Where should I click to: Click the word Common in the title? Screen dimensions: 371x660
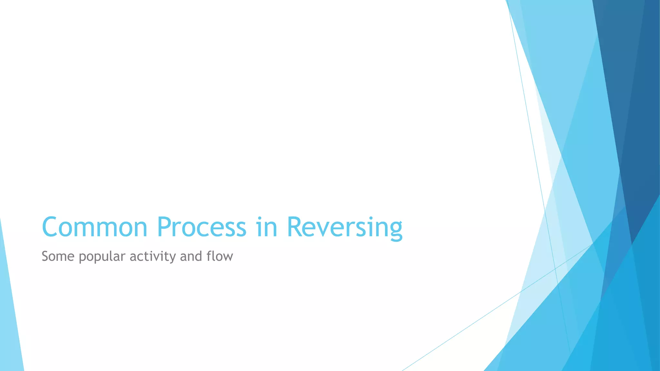coord(94,227)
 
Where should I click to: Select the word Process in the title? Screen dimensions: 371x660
coord(201,227)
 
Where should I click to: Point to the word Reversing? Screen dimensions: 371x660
coord(345,227)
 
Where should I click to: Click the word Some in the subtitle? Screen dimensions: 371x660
coord(58,256)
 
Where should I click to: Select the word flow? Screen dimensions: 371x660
coord(220,256)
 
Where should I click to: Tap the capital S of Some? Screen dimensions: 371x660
coord(46,256)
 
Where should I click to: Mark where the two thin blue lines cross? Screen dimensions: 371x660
coord(555,268)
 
